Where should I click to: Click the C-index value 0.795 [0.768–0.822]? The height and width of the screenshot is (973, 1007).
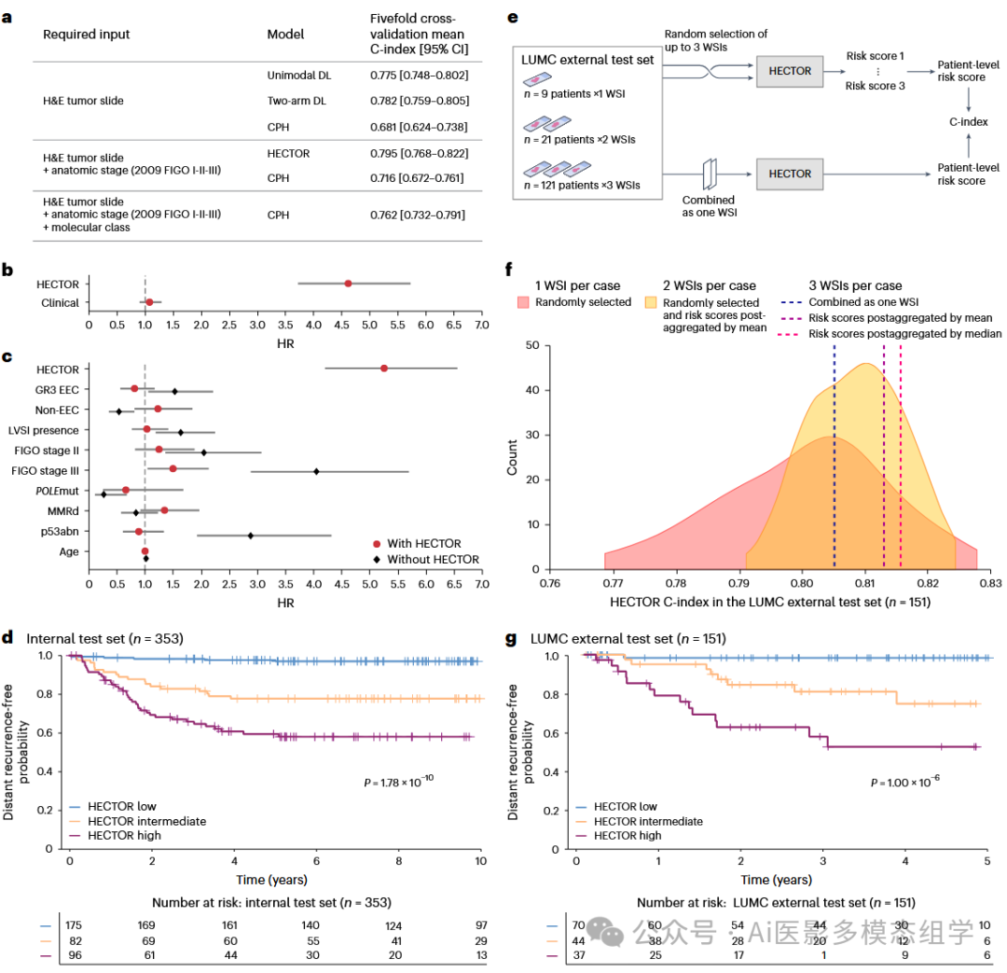(x=419, y=153)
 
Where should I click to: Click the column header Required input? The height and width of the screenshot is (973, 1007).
(x=87, y=35)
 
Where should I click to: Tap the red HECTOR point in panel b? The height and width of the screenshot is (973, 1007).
(x=348, y=284)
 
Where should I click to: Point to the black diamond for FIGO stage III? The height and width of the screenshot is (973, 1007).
(x=317, y=471)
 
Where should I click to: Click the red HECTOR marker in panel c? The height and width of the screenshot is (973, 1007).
(x=384, y=368)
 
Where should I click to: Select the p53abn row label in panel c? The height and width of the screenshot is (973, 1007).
(x=61, y=532)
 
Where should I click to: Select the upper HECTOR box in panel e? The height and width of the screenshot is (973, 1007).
(x=789, y=71)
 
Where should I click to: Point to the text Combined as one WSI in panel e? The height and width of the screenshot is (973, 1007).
(x=709, y=206)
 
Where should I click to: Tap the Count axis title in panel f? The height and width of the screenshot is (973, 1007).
(x=513, y=458)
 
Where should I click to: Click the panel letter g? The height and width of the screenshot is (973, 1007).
(x=511, y=639)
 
